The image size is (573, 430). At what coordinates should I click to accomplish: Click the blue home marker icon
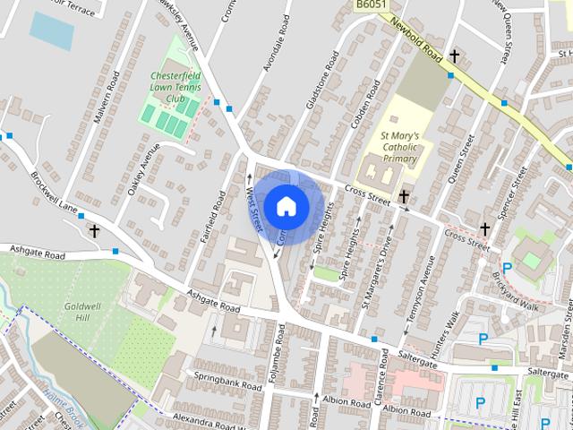point(286,206)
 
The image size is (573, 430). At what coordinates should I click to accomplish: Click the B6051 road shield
point(371,5)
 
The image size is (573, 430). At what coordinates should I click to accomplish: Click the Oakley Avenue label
point(142,158)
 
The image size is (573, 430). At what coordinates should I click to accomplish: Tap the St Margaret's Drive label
point(377,272)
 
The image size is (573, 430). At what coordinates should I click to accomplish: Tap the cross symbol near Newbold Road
point(455,56)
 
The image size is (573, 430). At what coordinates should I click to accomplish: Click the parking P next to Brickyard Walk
point(508,268)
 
